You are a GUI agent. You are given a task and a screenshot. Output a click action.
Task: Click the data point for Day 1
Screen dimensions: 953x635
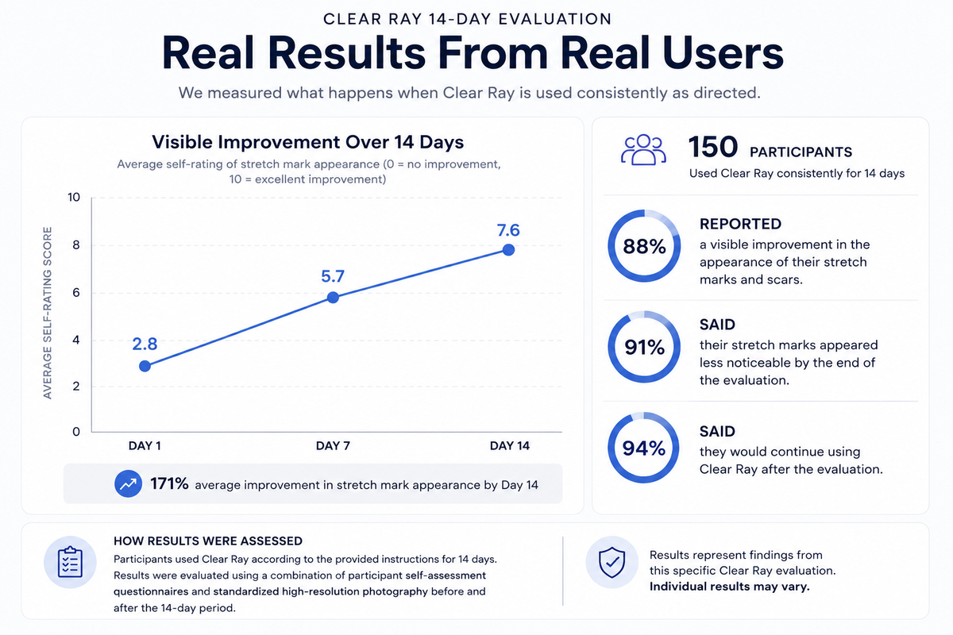pos(145,366)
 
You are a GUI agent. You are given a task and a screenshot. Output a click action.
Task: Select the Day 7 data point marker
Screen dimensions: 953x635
pos(333,298)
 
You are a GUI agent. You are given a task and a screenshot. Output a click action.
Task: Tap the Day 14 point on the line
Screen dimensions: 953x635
pos(508,250)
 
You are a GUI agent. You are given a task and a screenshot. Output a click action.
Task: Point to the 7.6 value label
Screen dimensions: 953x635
pos(508,230)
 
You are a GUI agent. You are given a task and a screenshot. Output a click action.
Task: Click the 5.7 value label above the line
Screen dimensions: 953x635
pos(333,276)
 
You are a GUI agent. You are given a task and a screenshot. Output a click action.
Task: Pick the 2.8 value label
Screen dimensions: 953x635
pos(145,344)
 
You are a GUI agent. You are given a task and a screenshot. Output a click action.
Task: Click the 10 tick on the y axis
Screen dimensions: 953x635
pos(74,197)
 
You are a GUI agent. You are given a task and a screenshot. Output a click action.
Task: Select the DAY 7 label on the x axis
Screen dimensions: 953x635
pos(333,446)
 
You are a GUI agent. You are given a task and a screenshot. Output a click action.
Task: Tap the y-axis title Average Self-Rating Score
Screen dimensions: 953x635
pos(47,313)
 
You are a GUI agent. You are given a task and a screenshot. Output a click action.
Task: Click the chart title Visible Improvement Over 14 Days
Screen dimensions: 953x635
pos(307,142)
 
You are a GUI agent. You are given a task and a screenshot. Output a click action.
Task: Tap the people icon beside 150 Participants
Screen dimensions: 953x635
pos(643,150)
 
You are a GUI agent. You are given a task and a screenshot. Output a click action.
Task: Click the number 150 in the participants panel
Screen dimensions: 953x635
pos(713,147)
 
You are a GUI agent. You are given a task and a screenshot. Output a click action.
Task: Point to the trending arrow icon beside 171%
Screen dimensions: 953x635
pos(128,483)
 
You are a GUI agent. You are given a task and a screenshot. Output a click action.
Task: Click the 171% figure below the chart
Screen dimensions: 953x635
pos(169,483)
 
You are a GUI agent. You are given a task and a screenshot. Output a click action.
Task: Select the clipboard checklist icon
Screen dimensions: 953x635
pos(70,562)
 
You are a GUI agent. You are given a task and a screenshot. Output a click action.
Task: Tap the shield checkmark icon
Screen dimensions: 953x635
pos(612,562)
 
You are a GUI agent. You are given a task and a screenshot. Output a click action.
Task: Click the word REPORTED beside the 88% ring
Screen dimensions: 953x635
pos(740,224)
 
